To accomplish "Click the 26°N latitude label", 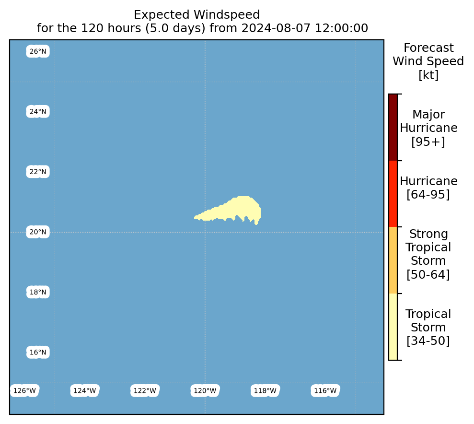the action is click(38, 51).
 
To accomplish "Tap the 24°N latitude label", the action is click(38, 112).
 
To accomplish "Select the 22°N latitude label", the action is click(38, 172).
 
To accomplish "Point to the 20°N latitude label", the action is click(38, 232).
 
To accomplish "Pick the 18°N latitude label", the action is click(38, 292).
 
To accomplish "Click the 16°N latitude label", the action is click(38, 353).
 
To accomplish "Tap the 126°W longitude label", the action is click(24, 391).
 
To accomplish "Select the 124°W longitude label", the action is click(85, 391).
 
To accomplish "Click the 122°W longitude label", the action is click(145, 391).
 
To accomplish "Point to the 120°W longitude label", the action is click(205, 391).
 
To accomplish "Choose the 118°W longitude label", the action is click(265, 391).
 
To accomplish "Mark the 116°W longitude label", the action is click(325, 391).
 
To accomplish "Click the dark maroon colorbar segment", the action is click(393, 127).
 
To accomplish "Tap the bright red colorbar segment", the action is click(393, 194).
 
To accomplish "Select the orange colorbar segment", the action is click(393, 260).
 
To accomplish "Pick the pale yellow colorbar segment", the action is click(393, 327).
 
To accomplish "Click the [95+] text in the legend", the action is click(428, 141).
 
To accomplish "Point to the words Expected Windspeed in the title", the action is click(197, 15).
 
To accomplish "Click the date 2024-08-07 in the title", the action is click(276, 28).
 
